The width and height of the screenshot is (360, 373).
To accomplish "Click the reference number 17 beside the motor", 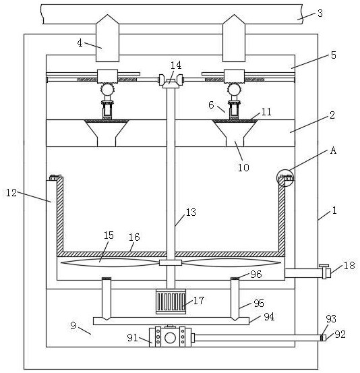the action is (199, 300).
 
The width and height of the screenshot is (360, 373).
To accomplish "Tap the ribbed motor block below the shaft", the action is (171, 302).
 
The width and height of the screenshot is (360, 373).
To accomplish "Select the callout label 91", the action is (132, 337).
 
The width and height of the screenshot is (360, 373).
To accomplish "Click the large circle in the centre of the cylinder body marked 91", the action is (170, 338).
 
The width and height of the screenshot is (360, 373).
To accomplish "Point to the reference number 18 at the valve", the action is (349, 266).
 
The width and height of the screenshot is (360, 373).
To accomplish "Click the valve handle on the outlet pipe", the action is (324, 266).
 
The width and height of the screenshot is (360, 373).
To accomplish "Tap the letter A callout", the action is (333, 150).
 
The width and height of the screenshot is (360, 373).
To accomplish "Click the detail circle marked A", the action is (285, 178).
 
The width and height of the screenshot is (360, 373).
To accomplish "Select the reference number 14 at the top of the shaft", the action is (176, 65).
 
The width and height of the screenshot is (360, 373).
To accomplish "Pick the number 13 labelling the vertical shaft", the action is (191, 212).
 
